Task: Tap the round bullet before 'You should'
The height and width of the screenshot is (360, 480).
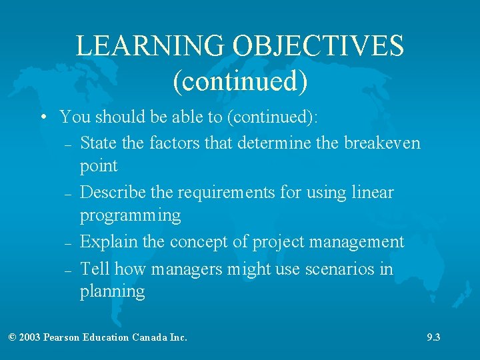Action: pyautogui.click(x=42, y=118)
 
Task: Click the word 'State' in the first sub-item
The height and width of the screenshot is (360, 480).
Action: pyautogui.click(x=97, y=143)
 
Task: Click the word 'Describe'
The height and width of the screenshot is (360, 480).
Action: pyautogui.click(x=110, y=193)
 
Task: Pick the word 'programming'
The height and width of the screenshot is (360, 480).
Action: pyautogui.click(x=130, y=215)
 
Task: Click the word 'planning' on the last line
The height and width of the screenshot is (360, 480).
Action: pyautogui.click(x=112, y=291)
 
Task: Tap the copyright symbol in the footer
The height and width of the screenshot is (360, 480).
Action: pyautogui.click(x=12, y=337)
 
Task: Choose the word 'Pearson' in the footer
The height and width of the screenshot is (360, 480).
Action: pyautogui.click(x=61, y=337)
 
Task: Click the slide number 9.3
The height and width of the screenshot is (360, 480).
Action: pyautogui.click(x=433, y=337)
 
